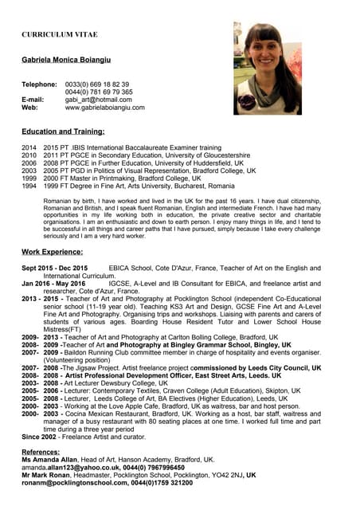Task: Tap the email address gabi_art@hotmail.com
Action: click(98, 100)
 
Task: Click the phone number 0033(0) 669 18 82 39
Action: click(97, 84)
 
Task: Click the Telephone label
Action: click(39, 84)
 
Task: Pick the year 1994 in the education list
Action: click(29, 185)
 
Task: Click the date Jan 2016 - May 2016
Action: click(53, 284)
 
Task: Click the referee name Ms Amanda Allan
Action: click(49, 460)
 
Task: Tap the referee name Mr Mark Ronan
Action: click(48, 475)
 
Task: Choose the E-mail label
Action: click(33, 100)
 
